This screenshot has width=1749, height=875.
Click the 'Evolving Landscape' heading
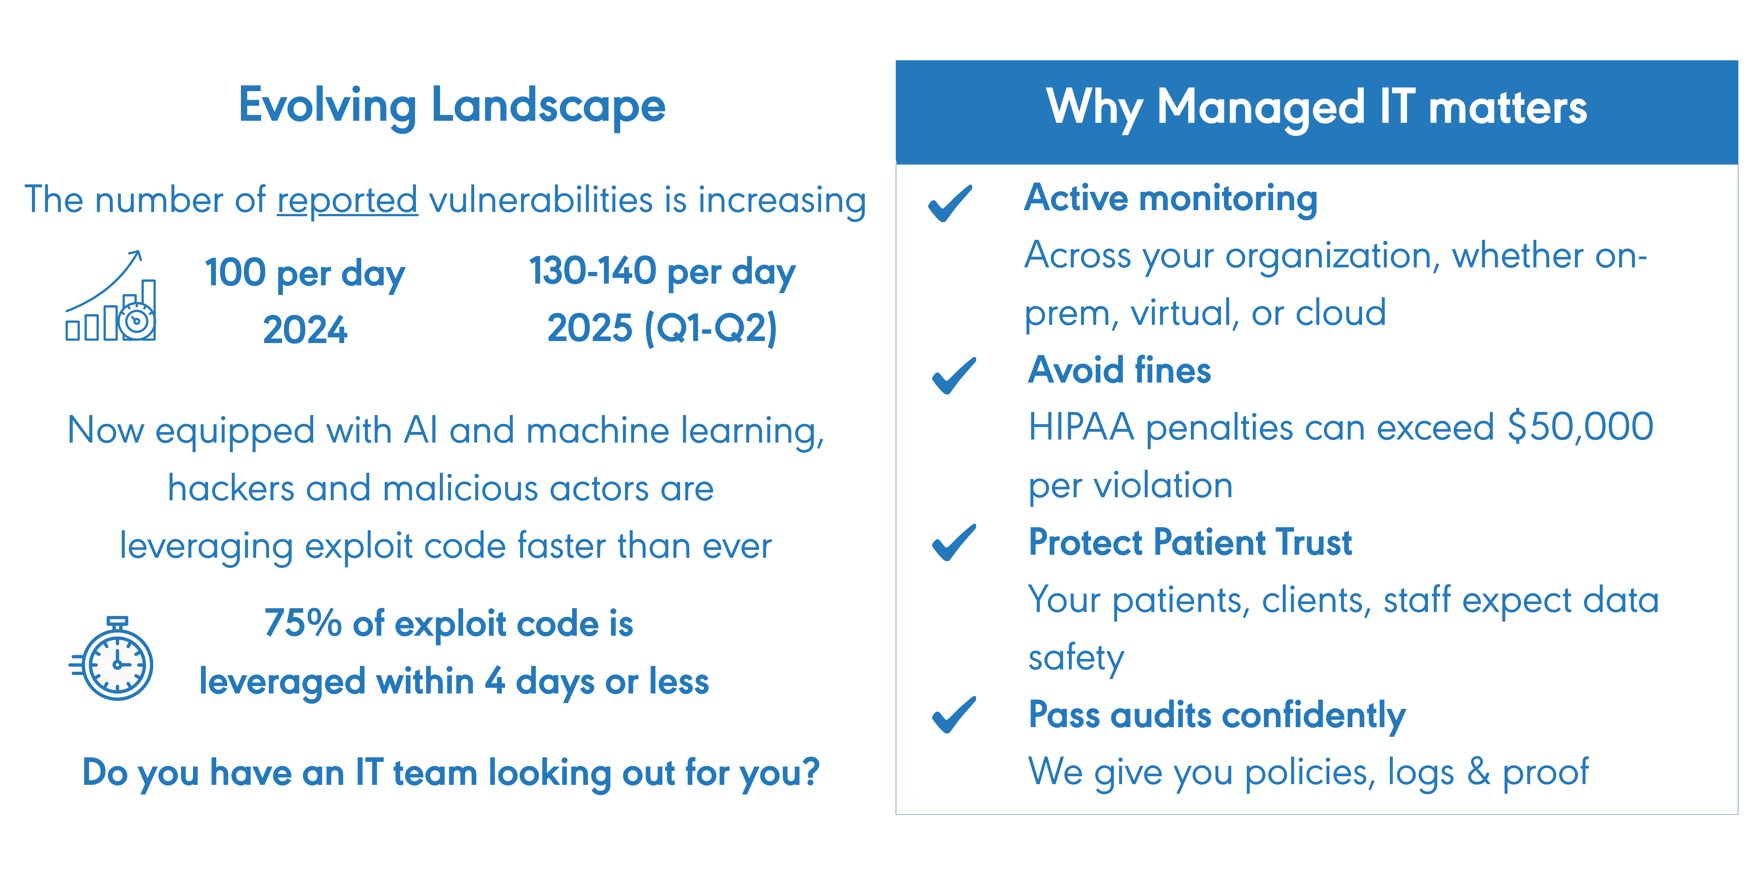point(451,107)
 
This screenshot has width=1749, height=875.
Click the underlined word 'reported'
point(347,201)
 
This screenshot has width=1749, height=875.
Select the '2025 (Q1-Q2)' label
point(662,329)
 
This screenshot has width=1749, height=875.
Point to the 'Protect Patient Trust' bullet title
point(1190,543)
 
